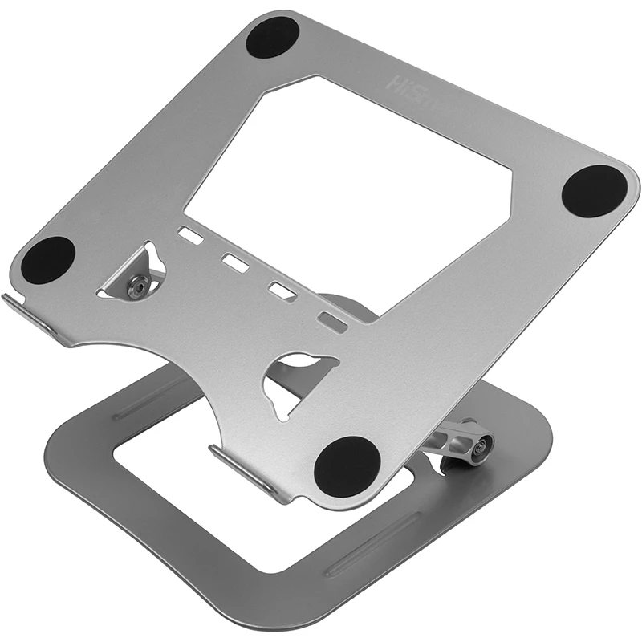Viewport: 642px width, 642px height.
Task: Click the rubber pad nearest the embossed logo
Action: [x=272, y=38]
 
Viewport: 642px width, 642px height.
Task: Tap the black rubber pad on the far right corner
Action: [x=594, y=191]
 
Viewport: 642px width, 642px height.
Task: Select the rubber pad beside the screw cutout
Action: [x=47, y=260]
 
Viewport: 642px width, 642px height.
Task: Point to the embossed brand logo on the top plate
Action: [x=406, y=83]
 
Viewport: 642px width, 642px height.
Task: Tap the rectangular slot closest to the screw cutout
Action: [x=191, y=236]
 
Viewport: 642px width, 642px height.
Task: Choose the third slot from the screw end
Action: [x=282, y=291]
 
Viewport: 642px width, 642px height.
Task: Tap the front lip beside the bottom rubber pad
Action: [x=249, y=473]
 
